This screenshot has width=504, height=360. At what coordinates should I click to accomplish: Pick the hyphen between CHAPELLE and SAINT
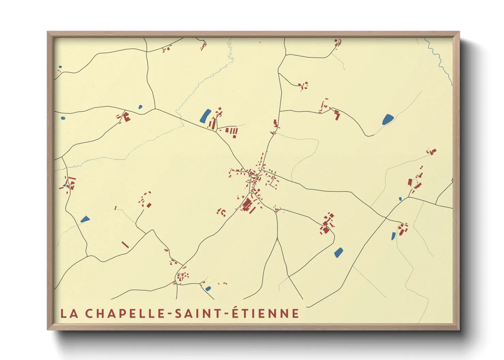point(169,314)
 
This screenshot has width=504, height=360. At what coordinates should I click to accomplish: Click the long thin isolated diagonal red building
point(125,245)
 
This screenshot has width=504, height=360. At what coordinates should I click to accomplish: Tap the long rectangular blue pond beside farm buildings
point(205,115)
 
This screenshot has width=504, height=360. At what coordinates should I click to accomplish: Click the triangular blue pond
point(85,219)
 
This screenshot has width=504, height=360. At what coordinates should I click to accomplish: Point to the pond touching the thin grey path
point(388,119)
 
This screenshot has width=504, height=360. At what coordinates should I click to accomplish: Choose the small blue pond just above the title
point(208,289)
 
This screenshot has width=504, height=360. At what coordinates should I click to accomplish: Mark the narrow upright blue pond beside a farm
point(394,236)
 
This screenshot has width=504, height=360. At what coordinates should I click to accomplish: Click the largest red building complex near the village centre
point(248,205)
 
